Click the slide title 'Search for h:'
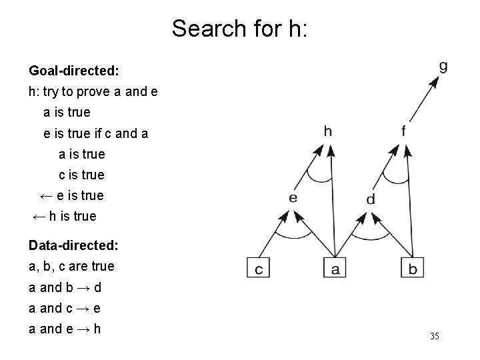pyautogui.click(x=239, y=28)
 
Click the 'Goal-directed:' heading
pyautogui.click(x=73, y=70)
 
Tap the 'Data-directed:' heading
pyautogui.click(x=74, y=245)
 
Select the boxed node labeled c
pyautogui.click(x=258, y=268)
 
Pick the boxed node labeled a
pyautogui.click(x=335, y=268)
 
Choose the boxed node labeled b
pyautogui.click(x=412, y=268)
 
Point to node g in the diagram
pyautogui.click(x=443, y=66)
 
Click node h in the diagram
pyautogui.click(x=327, y=131)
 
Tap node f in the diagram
pyautogui.click(x=403, y=131)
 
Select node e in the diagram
pyautogui.click(x=293, y=197)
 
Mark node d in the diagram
pyautogui.click(x=371, y=199)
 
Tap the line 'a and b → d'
pyautogui.click(x=64, y=289)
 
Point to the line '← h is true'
pyautogui.click(x=65, y=216)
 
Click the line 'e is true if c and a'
pyautogui.click(x=96, y=133)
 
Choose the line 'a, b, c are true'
pyautogui.click(x=71, y=266)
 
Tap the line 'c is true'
pyautogui.click(x=81, y=175)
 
